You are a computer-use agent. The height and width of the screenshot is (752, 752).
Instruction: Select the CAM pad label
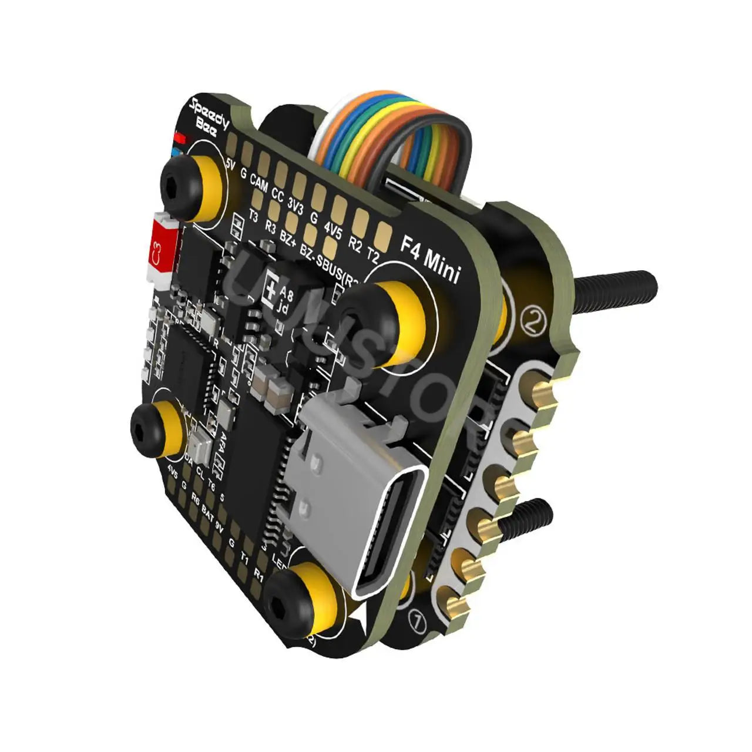(x=258, y=186)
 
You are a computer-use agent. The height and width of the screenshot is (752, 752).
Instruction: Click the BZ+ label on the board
(x=288, y=237)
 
